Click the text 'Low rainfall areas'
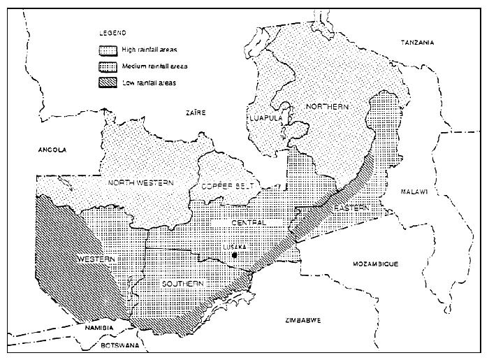[x=149, y=83]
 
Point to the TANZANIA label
[x=417, y=43]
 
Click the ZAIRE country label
[x=195, y=112]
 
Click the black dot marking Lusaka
[x=235, y=256]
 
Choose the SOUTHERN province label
[x=183, y=283]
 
